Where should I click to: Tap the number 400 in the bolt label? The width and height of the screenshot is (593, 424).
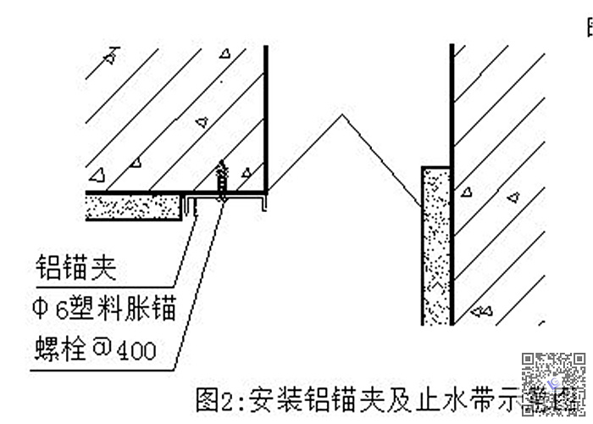coord(136,349)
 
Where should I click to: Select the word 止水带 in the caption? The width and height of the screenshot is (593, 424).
coord(423,397)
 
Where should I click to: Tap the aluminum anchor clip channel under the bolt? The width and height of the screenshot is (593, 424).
coord(224,202)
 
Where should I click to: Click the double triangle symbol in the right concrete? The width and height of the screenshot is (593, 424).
coord(481,310)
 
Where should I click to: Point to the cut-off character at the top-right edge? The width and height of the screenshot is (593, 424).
coord(589,31)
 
